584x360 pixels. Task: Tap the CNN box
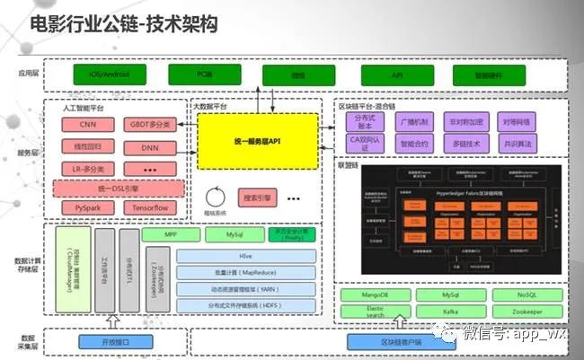(x=88, y=125)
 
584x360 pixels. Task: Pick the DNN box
(x=150, y=147)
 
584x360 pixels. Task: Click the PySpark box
(x=88, y=208)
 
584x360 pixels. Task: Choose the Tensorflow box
(x=150, y=208)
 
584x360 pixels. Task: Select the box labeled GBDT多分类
(x=150, y=125)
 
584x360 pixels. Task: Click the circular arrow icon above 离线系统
(x=214, y=196)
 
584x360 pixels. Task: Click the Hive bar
(x=245, y=256)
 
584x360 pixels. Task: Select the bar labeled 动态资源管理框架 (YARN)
(x=245, y=289)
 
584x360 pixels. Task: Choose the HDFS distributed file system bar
(x=245, y=306)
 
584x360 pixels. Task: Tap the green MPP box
(x=169, y=235)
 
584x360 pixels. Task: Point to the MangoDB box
(x=375, y=294)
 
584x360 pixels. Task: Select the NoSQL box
(x=527, y=294)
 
